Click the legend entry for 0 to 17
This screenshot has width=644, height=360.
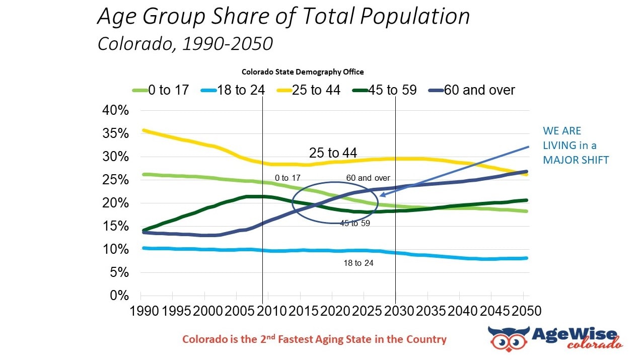[x=161, y=90]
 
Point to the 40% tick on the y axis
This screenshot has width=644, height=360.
[x=116, y=111]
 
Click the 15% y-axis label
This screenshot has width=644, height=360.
[x=116, y=226]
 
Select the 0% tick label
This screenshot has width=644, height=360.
[x=119, y=296]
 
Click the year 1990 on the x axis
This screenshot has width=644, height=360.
[x=144, y=310]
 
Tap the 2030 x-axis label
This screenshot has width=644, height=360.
[x=396, y=310]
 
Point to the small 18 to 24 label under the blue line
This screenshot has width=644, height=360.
[x=359, y=263]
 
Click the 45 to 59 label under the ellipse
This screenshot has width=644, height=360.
[x=355, y=223]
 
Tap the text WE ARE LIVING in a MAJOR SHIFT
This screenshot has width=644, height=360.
[x=576, y=145]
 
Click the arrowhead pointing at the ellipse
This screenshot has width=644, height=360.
[x=383, y=195]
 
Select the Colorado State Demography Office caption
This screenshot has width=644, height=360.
[x=303, y=72]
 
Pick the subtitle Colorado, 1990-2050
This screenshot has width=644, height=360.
[x=185, y=43]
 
